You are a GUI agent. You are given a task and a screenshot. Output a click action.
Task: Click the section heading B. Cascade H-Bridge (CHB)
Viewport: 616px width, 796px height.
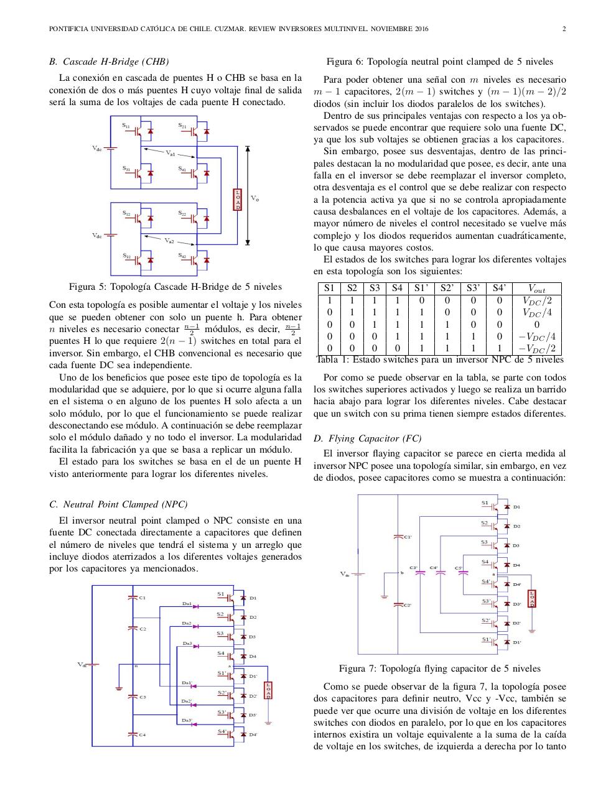pyautogui.click(x=109, y=62)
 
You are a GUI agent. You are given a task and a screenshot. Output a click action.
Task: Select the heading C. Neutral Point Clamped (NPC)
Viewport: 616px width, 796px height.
pyautogui.click(x=118, y=504)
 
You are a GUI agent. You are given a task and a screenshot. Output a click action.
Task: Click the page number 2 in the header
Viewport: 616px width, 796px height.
pyautogui.click(x=564, y=29)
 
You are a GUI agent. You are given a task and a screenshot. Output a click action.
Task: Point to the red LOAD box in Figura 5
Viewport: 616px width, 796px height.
pyautogui.click(x=237, y=199)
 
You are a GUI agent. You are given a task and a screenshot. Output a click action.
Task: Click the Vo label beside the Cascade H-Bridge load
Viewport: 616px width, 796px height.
pyautogui.click(x=255, y=198)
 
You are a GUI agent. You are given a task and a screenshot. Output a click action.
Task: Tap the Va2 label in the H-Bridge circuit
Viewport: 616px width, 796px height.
pyautogui.click(x=169, y=240)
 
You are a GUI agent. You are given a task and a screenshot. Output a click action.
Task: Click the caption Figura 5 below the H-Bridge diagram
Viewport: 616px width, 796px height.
pyautogui.click(x=175, y=287)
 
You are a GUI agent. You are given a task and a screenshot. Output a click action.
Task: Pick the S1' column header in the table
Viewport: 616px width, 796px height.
pyautogui.click(x=421, y=288)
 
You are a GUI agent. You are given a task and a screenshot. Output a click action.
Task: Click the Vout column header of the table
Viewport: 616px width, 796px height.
pyautogui.click(x=536, y=289)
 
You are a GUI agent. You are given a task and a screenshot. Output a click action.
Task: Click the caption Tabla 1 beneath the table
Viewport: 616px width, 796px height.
pyautogui.click(x=439, y=359)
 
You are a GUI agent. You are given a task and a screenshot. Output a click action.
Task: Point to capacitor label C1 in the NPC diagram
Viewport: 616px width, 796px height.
pyautogui.click(x=142, y=598)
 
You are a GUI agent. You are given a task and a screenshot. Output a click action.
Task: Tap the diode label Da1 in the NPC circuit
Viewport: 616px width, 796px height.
pyautogui.click(x=187, y=603)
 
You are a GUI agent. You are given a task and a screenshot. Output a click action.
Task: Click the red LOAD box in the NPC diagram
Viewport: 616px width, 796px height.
pyautogui.click(x=268, y=690)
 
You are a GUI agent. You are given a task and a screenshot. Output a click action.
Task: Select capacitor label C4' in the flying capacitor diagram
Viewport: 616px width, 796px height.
pyautogui.click(x=434, y=568)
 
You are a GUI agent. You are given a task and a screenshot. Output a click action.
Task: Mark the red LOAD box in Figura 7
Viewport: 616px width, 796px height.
pyautogui.click(x=531, y=598)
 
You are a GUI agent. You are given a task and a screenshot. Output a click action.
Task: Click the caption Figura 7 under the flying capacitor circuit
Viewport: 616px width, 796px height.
pyautogui.click(x=439, y=669)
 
